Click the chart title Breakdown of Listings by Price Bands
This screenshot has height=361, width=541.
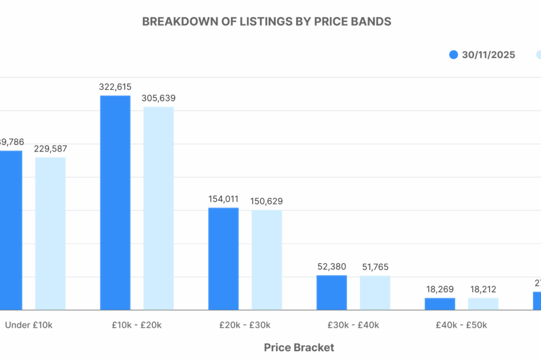pos(266,22)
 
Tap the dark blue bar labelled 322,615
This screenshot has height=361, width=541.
pos(115,203)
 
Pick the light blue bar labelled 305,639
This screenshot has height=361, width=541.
pos(158,208)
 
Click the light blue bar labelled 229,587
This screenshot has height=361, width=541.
pos(51,233)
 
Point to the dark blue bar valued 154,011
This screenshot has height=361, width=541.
pos(223,259)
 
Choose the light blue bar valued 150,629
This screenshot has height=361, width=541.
pos(266,260)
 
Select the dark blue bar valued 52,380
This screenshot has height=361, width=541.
pos(332,292)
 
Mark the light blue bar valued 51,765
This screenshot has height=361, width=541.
pos(375,293)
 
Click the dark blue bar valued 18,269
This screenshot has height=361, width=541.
pos(440,304)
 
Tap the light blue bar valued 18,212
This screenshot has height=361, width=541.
pos(483,304)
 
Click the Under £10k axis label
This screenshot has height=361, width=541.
pos(29,325)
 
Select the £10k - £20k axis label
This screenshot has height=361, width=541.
pos(137,325)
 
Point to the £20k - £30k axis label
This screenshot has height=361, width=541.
pos(245,325)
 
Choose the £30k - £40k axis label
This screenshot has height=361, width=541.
pos(353,325)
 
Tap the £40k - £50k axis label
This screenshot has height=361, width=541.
pos(461,325)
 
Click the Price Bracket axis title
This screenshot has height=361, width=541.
pos(299,348)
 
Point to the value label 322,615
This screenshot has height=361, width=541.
pos(115,87)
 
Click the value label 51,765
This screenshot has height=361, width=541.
pos(375,267)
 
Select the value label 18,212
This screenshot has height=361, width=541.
pos(483,289)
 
